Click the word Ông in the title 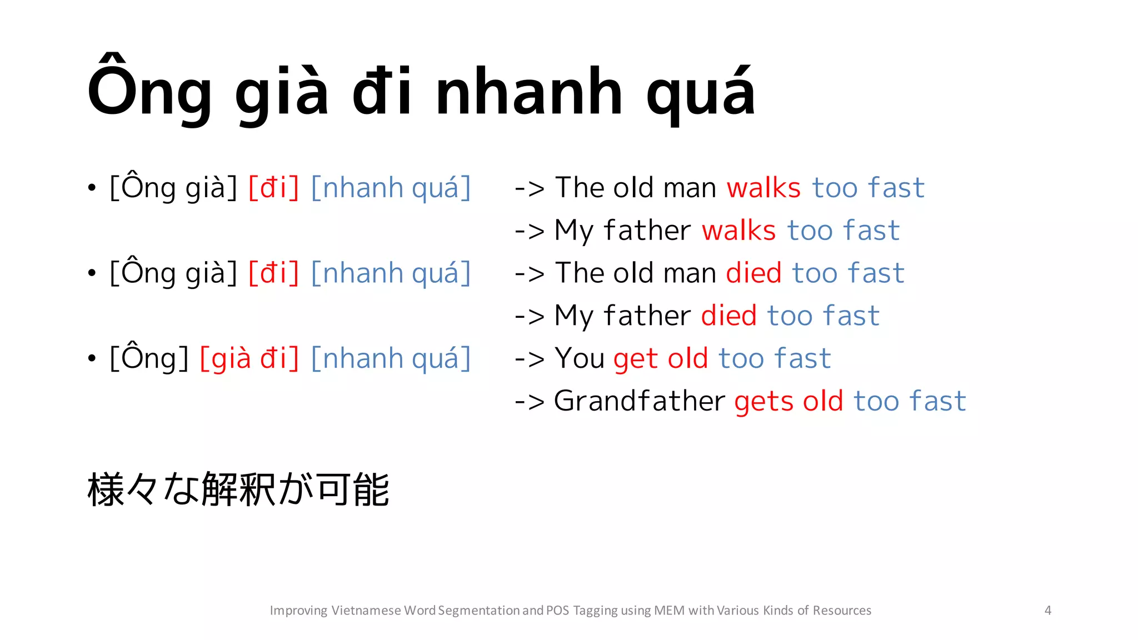coord(149,89)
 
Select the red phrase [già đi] coord(249,358)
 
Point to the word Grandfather coord(639,401)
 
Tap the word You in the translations coord(579,358)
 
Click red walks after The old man coord(763,188)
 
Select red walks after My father coord(738,231)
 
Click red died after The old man coord(753,273)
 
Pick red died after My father coord(728,316)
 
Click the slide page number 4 coord(1047,611)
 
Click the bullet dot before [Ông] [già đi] coord(92,358)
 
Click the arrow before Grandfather coord(529,402)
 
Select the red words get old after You coord(660,359)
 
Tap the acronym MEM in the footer coord(669,611)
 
